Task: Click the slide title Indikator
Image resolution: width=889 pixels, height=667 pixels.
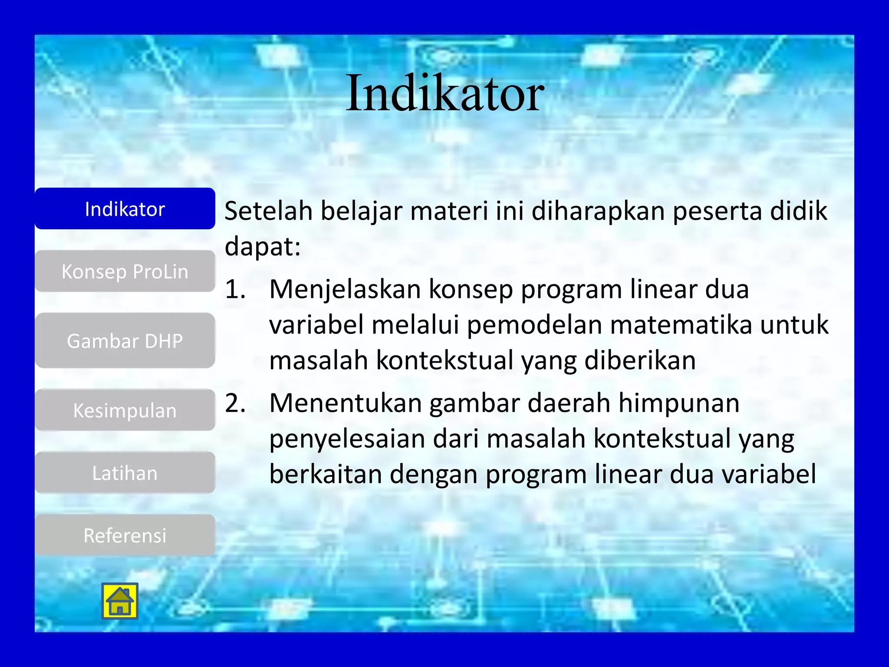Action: pos(444,93)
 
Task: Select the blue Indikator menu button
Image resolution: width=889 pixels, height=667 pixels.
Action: pos(125,209)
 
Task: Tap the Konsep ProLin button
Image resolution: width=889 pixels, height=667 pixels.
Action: pos(125,271)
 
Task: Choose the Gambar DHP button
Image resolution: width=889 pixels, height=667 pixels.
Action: pos(125,341)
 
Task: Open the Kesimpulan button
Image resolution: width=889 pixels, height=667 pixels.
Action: pos(125,410)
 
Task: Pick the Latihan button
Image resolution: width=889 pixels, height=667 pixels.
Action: pos(125,473)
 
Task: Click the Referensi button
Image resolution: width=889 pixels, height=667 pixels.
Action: pos(125,535)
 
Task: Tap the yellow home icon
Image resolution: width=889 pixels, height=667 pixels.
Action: pos(120,601)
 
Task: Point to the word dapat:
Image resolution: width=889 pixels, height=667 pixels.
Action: pos(263,247)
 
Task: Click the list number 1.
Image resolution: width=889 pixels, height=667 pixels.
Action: pos(235,289)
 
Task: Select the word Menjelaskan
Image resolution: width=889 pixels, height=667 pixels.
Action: pos(345,289)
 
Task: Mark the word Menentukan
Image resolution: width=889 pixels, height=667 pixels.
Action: pos(346,403)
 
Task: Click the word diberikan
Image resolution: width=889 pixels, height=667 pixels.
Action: pos(640,360)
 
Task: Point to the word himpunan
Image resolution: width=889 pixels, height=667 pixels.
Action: pos(679,403)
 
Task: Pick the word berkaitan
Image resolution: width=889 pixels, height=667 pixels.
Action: pos(325,474)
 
